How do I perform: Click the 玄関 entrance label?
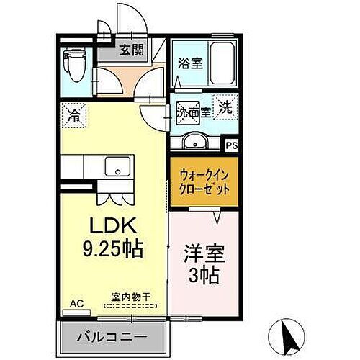click(130, 50)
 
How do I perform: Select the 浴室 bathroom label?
click(189, 63)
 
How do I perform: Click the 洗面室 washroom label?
click(194, 112)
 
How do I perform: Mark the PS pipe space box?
click(231, 145)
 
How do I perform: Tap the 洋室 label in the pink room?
click(205, 256)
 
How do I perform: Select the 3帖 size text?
click(205, 276)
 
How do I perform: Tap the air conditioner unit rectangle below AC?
click(74, 312)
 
